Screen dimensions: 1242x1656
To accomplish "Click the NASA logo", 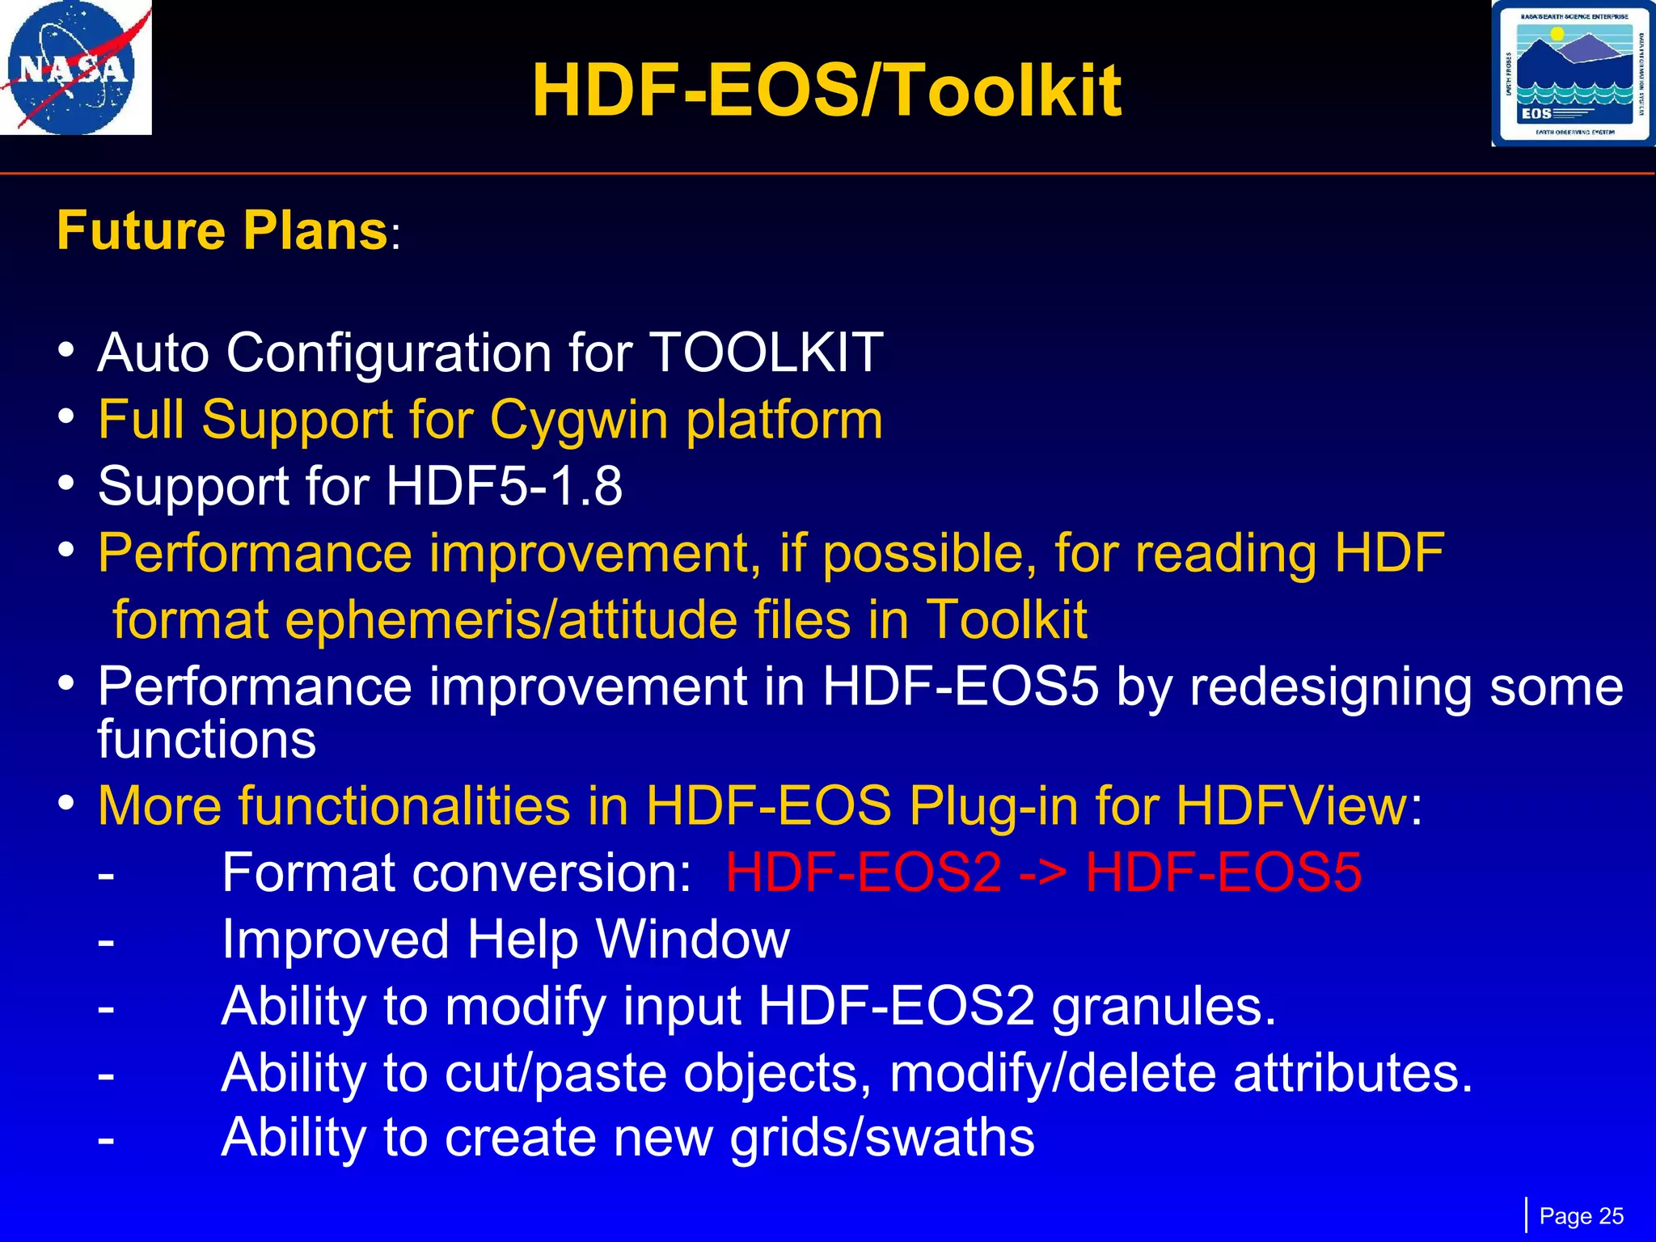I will [75, 68].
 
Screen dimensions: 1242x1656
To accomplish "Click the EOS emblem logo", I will [1573, 74].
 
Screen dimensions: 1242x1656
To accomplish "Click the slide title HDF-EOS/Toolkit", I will [826, 91].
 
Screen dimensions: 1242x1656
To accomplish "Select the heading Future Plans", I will [223, 231].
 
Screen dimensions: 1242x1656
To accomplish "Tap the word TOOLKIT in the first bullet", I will [766, 353].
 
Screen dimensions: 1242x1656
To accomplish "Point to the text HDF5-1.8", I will [504, 487].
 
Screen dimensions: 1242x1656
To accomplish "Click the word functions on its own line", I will [206, 740].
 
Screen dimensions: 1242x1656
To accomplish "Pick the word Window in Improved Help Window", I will [692, 940].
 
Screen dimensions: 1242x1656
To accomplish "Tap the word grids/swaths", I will [881, 1138].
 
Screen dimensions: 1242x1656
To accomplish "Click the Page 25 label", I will [1581, 1216].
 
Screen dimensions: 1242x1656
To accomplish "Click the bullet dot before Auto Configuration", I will [67, 351].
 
